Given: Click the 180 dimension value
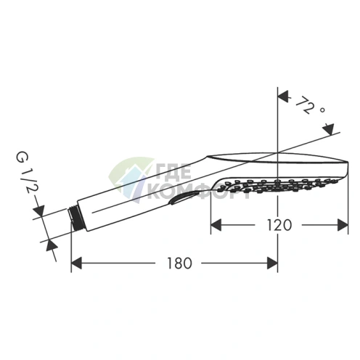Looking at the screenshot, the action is tap(179, 263).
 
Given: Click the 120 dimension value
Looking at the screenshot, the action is tap(279, 225).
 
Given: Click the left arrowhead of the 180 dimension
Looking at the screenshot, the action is tap(76, 263).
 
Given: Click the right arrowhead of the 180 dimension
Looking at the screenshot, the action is tap(272, 263).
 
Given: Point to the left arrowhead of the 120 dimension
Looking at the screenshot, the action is tap(216, 225).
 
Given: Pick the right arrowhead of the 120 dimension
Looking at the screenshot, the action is tap(343, 225).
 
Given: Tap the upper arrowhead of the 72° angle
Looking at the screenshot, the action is tap(283, 96).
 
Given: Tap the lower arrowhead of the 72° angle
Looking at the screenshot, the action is tap(329, 129).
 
